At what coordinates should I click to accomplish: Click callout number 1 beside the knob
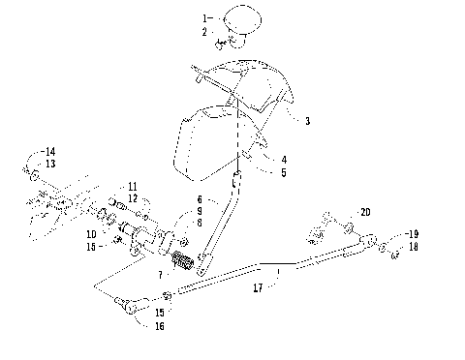click(x=204, y=18)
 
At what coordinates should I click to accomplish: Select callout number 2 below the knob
click(x=204, y=32)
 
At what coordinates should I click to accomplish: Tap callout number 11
click(x=133, y=185)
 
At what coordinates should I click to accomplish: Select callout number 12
click(x=133, y=198)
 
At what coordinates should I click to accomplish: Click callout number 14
click(x=51, y=151)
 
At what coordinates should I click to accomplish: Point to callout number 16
click(x=158, y=326)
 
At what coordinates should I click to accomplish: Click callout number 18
click(x=413, y=248)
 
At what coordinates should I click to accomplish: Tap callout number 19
click(x=413, y=234)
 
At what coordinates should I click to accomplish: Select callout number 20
click(x=365, y=212)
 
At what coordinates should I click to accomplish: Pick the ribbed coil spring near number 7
click(x=185, y=261)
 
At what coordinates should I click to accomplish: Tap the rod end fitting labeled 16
click(x=130, y=308)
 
